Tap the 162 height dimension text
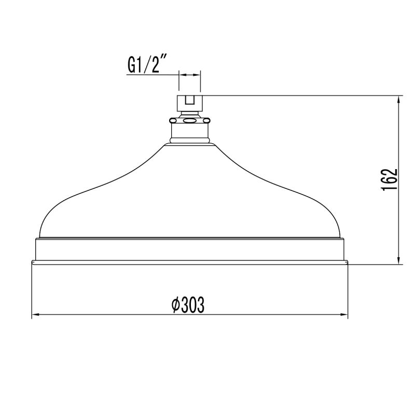(390, 179)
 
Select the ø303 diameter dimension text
(188, 306)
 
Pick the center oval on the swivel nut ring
(190, 120)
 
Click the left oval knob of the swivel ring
(172, 120)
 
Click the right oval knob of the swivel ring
(208, 120)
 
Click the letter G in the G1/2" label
(132, 66)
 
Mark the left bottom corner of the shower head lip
(32, 262)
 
